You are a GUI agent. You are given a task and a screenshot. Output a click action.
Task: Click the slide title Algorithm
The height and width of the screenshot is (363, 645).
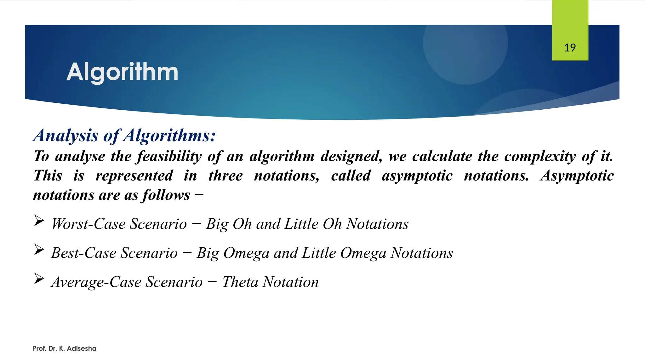(x=122, y=72)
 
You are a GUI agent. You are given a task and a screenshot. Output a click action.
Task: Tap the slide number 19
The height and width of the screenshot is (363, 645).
(x=570, y=48)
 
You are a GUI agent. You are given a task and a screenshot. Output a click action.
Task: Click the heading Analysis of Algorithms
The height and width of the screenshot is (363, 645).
(x=124, y=135)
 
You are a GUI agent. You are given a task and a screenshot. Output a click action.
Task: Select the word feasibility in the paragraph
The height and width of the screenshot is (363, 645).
(x=169, y=157)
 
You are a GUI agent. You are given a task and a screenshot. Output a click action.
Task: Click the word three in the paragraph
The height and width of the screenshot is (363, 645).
(x=225, y=176)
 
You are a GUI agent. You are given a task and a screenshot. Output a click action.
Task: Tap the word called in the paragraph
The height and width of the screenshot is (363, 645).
(x=351, y=176)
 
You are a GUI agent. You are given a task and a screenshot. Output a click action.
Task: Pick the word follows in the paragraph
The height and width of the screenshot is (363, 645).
(x=166, y=195)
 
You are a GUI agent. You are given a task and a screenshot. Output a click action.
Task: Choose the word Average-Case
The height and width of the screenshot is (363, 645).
(x=96, y=282)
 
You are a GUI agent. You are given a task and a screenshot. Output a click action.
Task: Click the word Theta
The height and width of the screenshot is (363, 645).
(x=240, y=282)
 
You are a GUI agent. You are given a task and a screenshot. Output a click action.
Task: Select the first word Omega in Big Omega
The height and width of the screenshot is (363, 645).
(x=246, y=253)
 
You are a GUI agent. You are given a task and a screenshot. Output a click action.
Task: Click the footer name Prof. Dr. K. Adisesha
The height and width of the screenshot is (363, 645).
(x=65, y=349)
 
